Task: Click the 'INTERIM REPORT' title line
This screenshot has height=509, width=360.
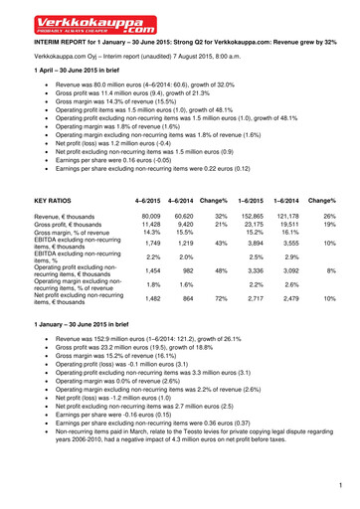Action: (x=179, y=44)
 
